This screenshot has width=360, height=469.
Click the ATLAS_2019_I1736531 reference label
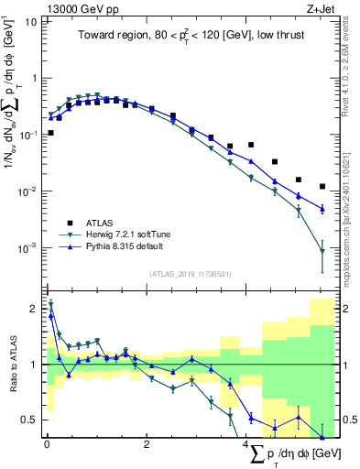click(x=189, y=274)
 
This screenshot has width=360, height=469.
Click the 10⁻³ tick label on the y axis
click(x=29, y=248)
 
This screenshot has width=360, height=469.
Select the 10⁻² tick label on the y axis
click(x=29, y=191)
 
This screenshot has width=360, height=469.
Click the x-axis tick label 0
click(x=47, y=445)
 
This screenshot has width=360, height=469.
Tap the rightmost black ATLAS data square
click(x=322, y=187)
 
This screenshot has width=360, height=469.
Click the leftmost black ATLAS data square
click(x=50, y=133)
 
